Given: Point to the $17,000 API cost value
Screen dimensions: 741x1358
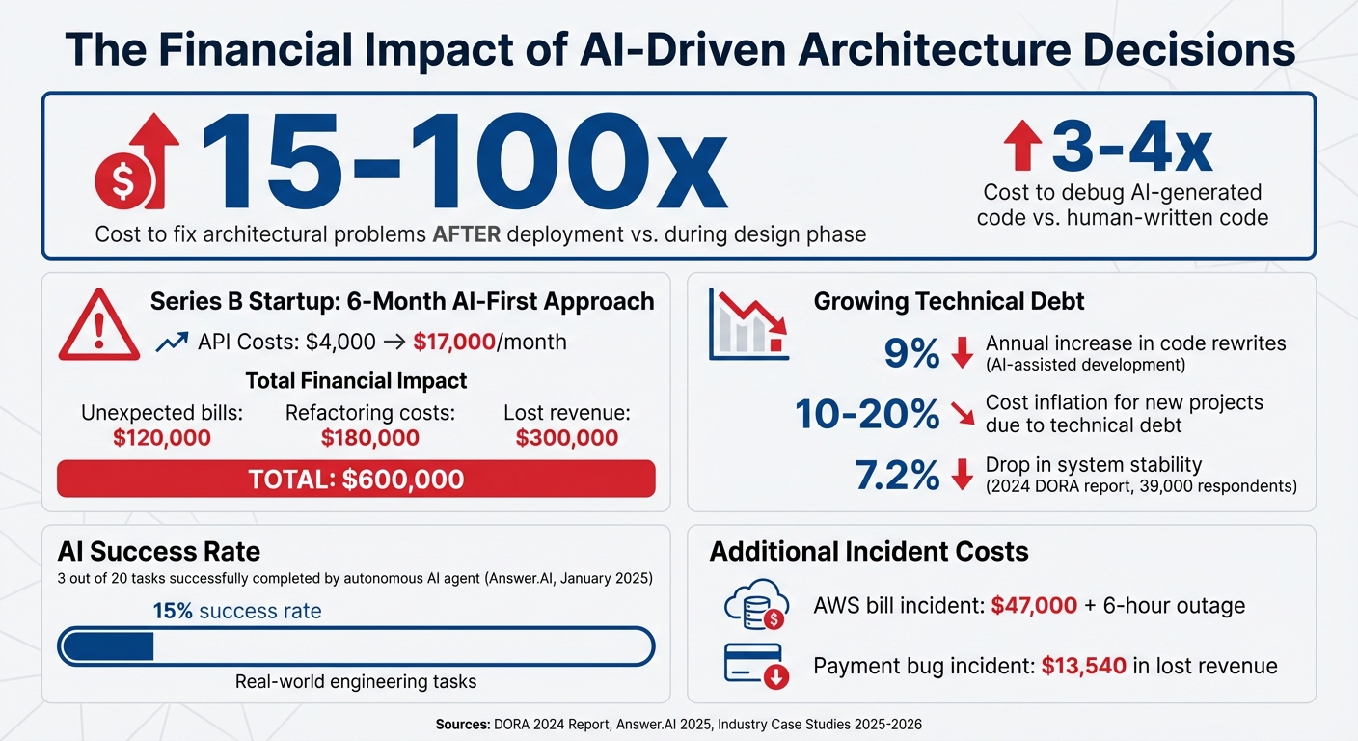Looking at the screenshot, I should coord(454,342).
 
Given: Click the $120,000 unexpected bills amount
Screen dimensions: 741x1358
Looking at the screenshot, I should coord(161,438).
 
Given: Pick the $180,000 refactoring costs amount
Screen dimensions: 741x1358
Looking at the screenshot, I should coord(369,438).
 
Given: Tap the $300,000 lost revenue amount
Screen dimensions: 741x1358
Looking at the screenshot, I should coord(567,438).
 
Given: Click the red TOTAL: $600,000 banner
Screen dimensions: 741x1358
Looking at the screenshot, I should coord(356,479).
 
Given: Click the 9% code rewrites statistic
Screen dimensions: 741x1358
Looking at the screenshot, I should coord(911,354).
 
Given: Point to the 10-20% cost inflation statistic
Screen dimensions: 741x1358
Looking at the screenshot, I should coord(867,414).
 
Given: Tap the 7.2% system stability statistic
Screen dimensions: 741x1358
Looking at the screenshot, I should coord(897,476).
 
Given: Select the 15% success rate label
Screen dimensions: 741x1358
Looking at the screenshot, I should coord(236,611).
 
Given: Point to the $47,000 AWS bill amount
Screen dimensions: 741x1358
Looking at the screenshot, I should coord(1034,606).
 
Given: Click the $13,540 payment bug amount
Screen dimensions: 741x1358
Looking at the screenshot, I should coord(1083,666).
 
